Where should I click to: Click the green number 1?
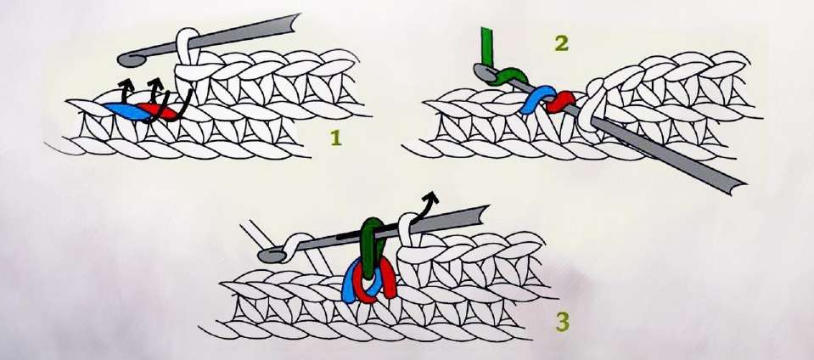point(336,138)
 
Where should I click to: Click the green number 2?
point(561,43)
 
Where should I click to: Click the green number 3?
point(562,322)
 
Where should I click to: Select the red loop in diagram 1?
point(161,111)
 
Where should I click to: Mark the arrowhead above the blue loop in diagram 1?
point(125,83)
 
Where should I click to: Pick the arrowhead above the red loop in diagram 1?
point(154,83)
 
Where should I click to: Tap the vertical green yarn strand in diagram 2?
point(487,48)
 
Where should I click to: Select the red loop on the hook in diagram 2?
point(562,102)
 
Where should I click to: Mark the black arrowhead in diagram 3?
point(431,197)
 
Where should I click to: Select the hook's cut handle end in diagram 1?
point(295,23)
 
